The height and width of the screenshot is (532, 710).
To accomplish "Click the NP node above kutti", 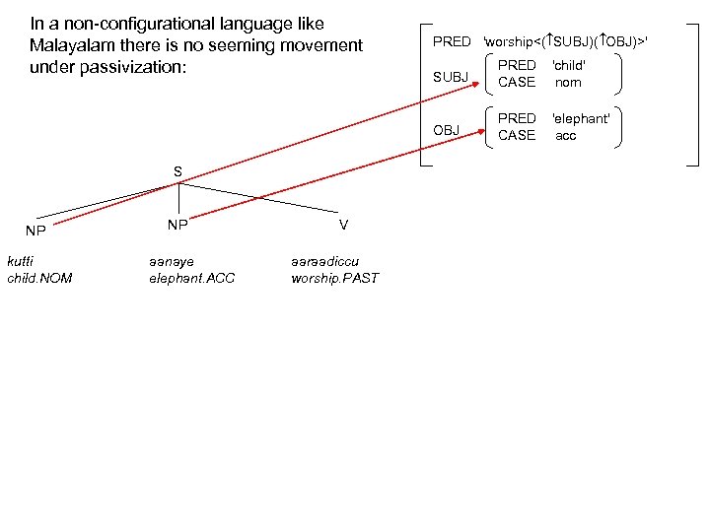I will tap(35, 232).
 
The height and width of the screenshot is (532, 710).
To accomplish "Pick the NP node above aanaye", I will tap(177, 225).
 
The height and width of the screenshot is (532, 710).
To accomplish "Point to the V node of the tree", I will tap(342, 225).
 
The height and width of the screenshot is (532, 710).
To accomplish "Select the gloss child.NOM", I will tap(39, 278).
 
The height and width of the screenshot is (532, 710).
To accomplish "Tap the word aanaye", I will tap(171, 261).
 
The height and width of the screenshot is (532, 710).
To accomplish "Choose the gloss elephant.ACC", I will tap(191, 278).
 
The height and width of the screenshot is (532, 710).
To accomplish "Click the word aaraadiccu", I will tap(325, 261).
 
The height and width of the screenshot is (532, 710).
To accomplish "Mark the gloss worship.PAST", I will tap(334, 278).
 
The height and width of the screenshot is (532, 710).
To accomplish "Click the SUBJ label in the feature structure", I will tap(450, 77).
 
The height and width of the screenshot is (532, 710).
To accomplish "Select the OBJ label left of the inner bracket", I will tap(447, 130).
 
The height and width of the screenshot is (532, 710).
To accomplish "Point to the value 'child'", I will tap(569, 66).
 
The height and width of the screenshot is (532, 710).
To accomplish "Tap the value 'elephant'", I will tap(580, 118).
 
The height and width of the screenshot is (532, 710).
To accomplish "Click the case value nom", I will tap(567, 83).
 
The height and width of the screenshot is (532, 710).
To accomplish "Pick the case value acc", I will tap(566, 135).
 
